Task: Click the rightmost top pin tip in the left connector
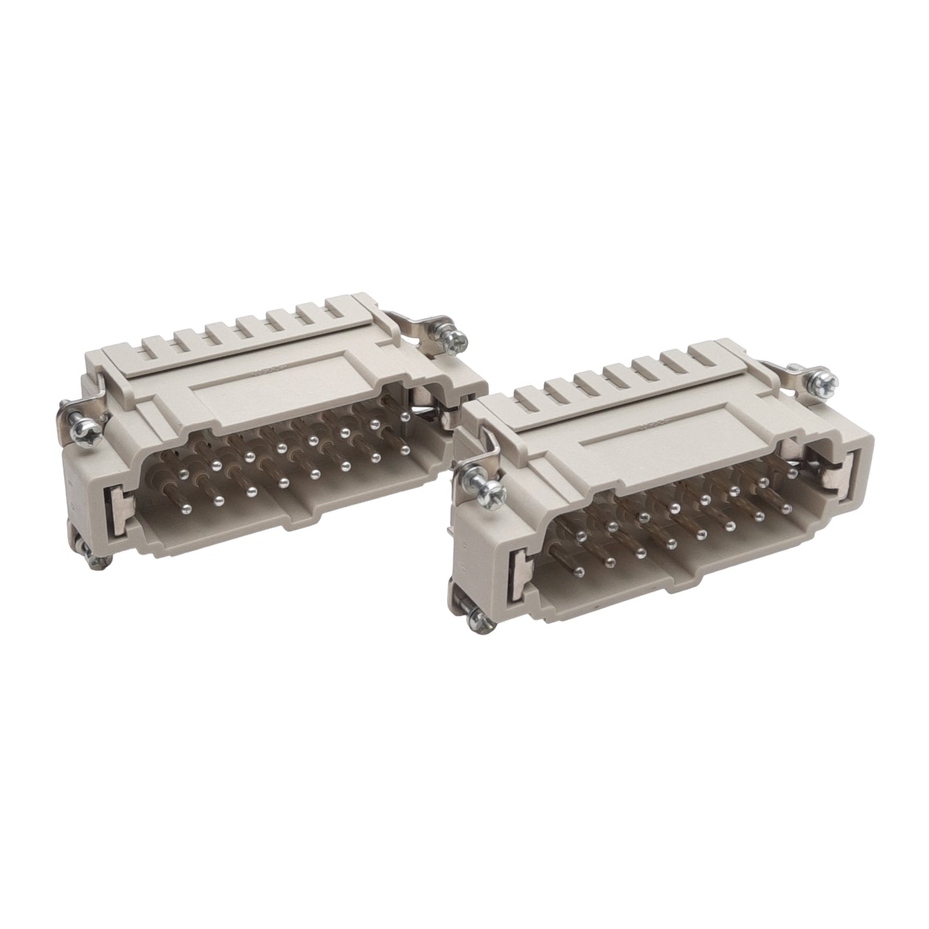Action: (x=405, y=417)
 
